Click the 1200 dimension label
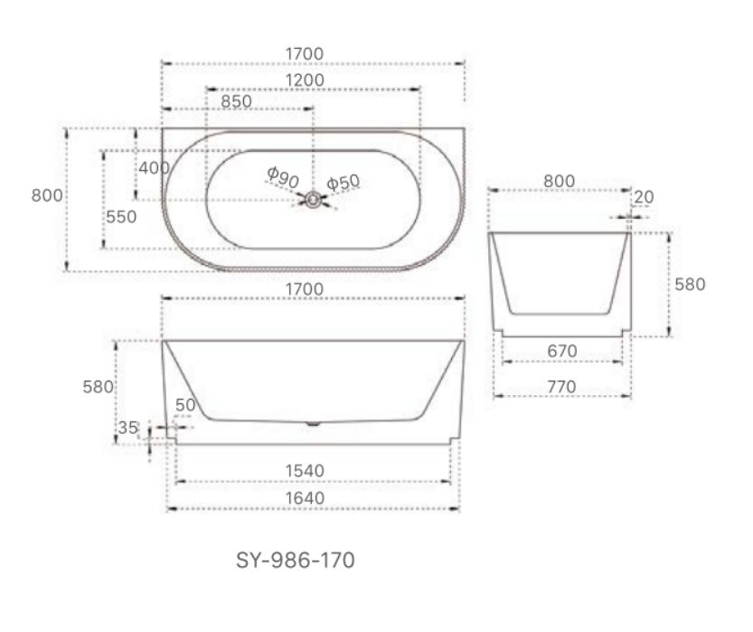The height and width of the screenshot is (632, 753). (x=307, y=80)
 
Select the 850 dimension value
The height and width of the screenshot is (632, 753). (x=236, y=101)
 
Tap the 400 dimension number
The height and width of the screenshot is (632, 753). (x=154, y=167)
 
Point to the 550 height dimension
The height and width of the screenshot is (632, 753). (x=121, y=217)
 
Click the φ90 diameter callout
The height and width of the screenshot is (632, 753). (x=283, y=177)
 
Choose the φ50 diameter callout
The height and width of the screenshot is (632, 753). (x=343, y=183)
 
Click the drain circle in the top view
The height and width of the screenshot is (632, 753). (x=313, y=201)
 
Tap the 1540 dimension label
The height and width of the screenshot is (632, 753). (x=307, y=471)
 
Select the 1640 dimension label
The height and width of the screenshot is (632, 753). (x=307, y=498)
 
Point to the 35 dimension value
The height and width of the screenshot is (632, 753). (x=127, y=428)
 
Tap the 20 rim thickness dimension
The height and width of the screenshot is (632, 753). (x=645, y=197)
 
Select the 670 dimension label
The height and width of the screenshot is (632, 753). (x=561, y=351)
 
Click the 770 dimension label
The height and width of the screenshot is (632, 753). (x=561, y=386)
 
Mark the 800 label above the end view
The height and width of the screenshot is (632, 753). (x=559, y=181)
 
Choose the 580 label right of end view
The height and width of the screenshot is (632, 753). (x=691, y=284)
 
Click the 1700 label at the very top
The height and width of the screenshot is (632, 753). (x=307, y=54)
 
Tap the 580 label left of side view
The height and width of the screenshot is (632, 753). (x=97, y=387)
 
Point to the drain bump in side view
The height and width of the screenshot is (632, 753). (x=312, y=421)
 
